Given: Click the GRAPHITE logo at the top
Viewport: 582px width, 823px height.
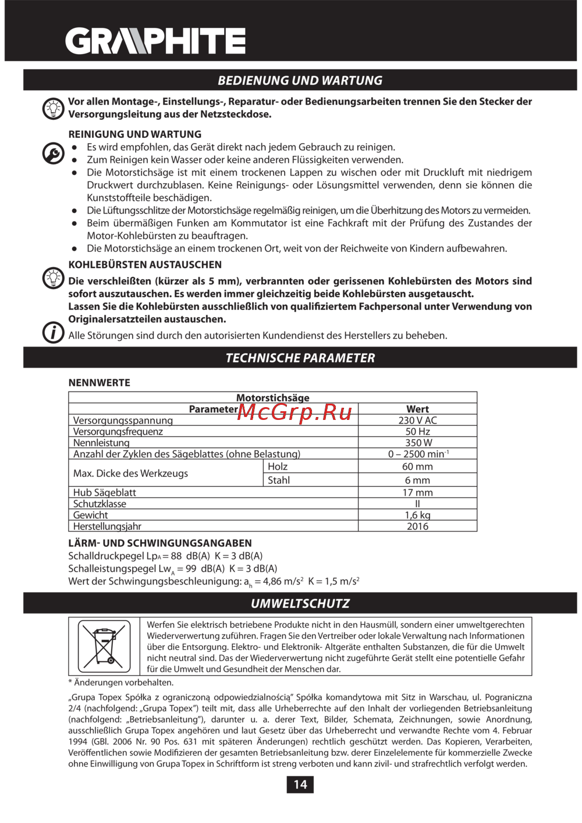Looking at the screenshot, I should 155,41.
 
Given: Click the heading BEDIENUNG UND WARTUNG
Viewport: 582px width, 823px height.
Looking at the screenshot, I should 300,80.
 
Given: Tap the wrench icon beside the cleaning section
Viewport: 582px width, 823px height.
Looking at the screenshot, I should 53,154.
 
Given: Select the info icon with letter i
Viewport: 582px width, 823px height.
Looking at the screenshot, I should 53,333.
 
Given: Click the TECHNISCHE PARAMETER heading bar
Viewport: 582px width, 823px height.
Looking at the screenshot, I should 300,358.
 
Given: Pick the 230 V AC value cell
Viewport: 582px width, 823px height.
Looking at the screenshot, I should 417,420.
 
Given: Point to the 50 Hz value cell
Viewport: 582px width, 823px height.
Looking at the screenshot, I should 417,432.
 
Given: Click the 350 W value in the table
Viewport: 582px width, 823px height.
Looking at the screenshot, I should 417,443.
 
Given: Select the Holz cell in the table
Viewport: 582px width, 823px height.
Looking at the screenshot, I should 278,466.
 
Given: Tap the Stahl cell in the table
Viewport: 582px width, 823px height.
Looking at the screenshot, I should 279,480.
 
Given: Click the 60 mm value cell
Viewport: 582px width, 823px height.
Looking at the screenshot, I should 417,466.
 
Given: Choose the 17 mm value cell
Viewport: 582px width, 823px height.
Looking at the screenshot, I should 417,493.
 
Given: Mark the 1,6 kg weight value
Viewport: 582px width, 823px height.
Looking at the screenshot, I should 417,515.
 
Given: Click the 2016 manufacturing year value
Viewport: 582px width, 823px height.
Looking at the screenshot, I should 417,526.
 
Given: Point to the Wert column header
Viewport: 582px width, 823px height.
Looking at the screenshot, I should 417,409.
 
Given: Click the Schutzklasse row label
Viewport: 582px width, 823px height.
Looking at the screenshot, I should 100,504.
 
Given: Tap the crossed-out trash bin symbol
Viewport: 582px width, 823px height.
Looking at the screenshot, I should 104,646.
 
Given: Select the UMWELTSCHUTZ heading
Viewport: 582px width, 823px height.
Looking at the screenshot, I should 300,603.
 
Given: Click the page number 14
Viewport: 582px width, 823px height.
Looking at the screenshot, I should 300,785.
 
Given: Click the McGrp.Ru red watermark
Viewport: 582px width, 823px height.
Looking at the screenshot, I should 294,412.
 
